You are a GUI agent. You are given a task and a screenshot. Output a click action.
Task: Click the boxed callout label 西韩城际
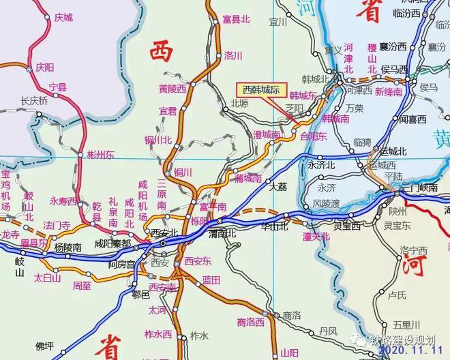pos(258,89)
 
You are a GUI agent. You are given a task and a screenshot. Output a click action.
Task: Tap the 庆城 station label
pos(63,17)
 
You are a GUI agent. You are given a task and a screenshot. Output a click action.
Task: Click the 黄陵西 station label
pos(172,88)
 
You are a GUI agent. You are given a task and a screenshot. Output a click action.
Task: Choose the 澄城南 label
pos(267,135)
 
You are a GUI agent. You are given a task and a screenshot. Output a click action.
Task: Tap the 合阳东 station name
pos(314,136)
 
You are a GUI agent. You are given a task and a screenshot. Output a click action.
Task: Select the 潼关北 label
pos(316,237)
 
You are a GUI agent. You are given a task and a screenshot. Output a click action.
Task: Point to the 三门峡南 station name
pos(418,187)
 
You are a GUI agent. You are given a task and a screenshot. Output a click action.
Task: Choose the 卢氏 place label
pos(397,295)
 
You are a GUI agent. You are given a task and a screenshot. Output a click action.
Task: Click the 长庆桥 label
pos(34,100)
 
